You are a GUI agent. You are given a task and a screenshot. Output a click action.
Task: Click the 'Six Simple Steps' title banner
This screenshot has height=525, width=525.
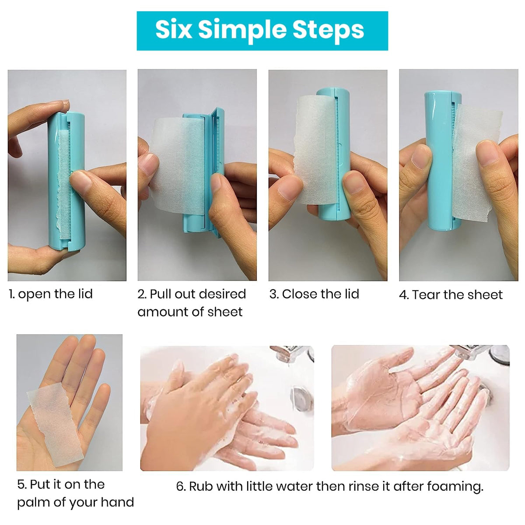[x=262, y=31]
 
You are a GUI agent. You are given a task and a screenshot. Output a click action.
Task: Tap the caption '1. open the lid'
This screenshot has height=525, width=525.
[x=51, y=294]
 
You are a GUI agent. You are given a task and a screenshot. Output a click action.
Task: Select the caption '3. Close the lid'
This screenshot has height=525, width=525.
[x=314, y=294]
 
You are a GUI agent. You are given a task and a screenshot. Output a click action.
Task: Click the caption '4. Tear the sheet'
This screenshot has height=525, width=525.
[x=451, y=295]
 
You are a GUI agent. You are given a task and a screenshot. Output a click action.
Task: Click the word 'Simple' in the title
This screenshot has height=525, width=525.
[x=243, y=31]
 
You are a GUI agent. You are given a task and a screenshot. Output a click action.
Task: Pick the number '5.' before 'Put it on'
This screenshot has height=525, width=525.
[x=22, y=485]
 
